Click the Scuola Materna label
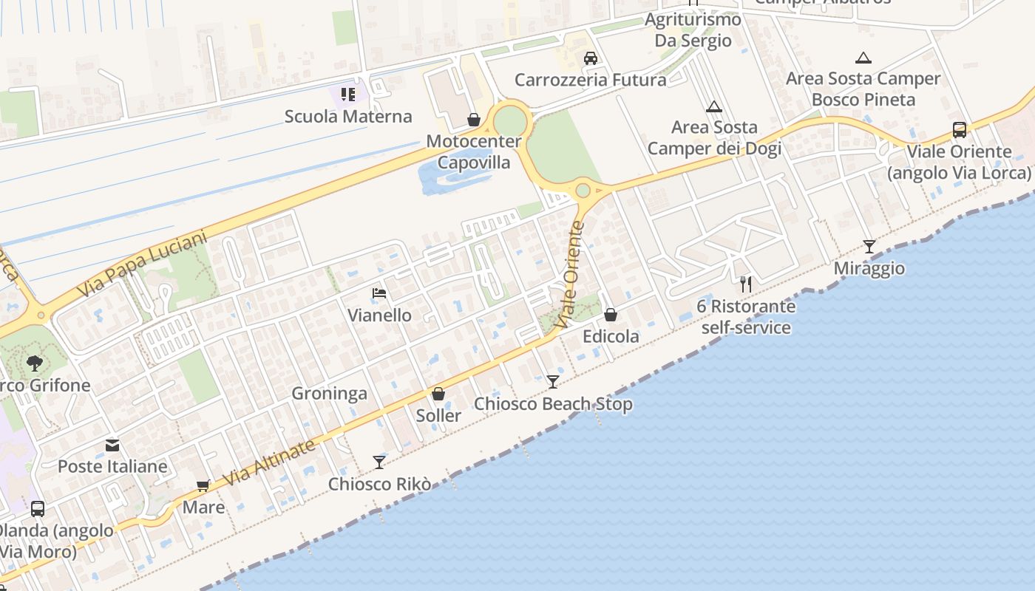coord(347,117)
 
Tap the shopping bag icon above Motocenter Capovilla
coord(473,120)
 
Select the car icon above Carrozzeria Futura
coord(590,58)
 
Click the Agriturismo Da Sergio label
coord(693,30)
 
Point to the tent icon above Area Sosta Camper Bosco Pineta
coord(863,58)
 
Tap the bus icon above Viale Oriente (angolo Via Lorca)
coord(959,130)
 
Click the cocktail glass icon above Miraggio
coord(869,247)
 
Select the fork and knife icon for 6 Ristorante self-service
coord(746,284)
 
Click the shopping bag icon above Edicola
coord(611,315)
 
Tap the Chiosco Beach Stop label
coord(553,404)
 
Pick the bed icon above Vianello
coord(379,293)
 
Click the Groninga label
coord(329,394)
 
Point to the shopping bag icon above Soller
coord(438,394)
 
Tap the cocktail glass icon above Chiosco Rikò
coord(379,462)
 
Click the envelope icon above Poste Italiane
coord(112,445)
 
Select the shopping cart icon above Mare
coord(203,486)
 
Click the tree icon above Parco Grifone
coord(34,363)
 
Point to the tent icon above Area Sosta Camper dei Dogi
coord(713,107)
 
